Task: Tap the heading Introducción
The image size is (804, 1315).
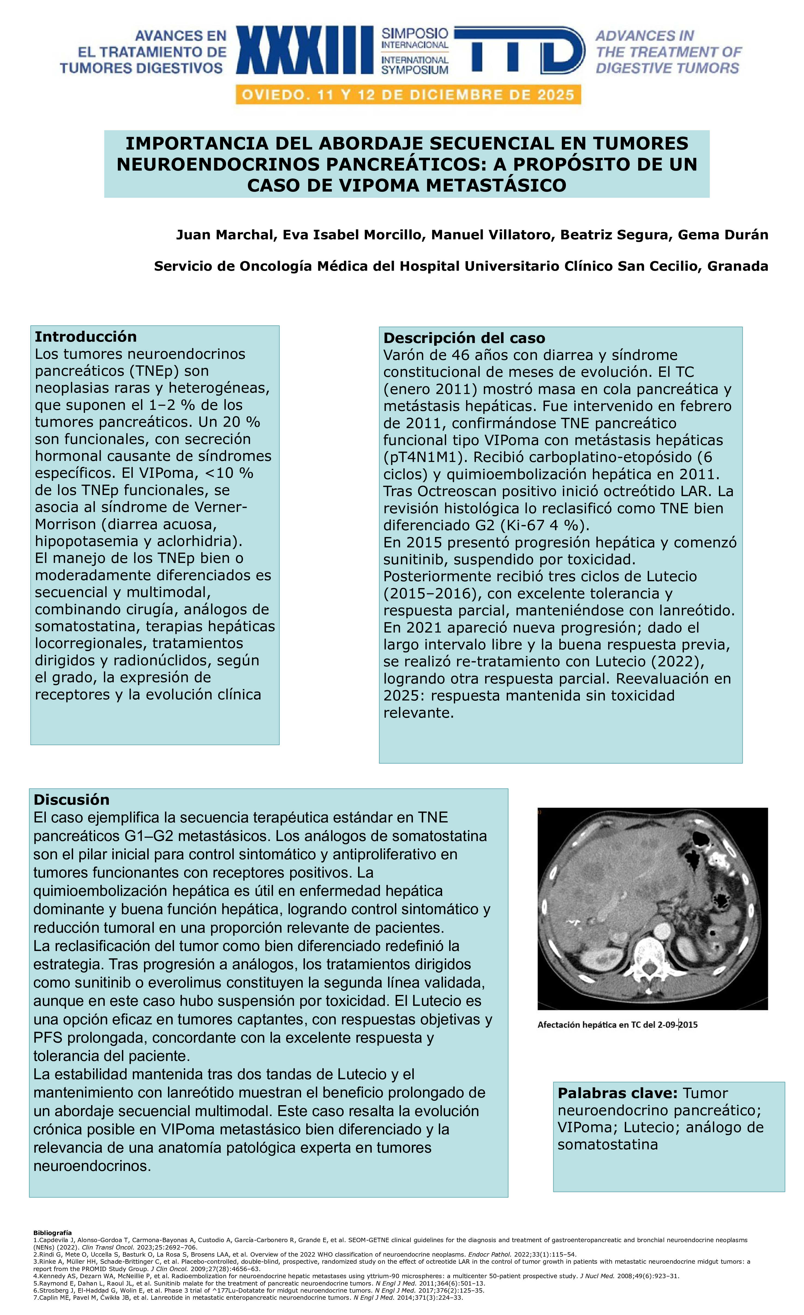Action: point(85,337)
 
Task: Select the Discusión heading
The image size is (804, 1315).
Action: point(71,800)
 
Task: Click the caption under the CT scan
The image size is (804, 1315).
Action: point(617,1025)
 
